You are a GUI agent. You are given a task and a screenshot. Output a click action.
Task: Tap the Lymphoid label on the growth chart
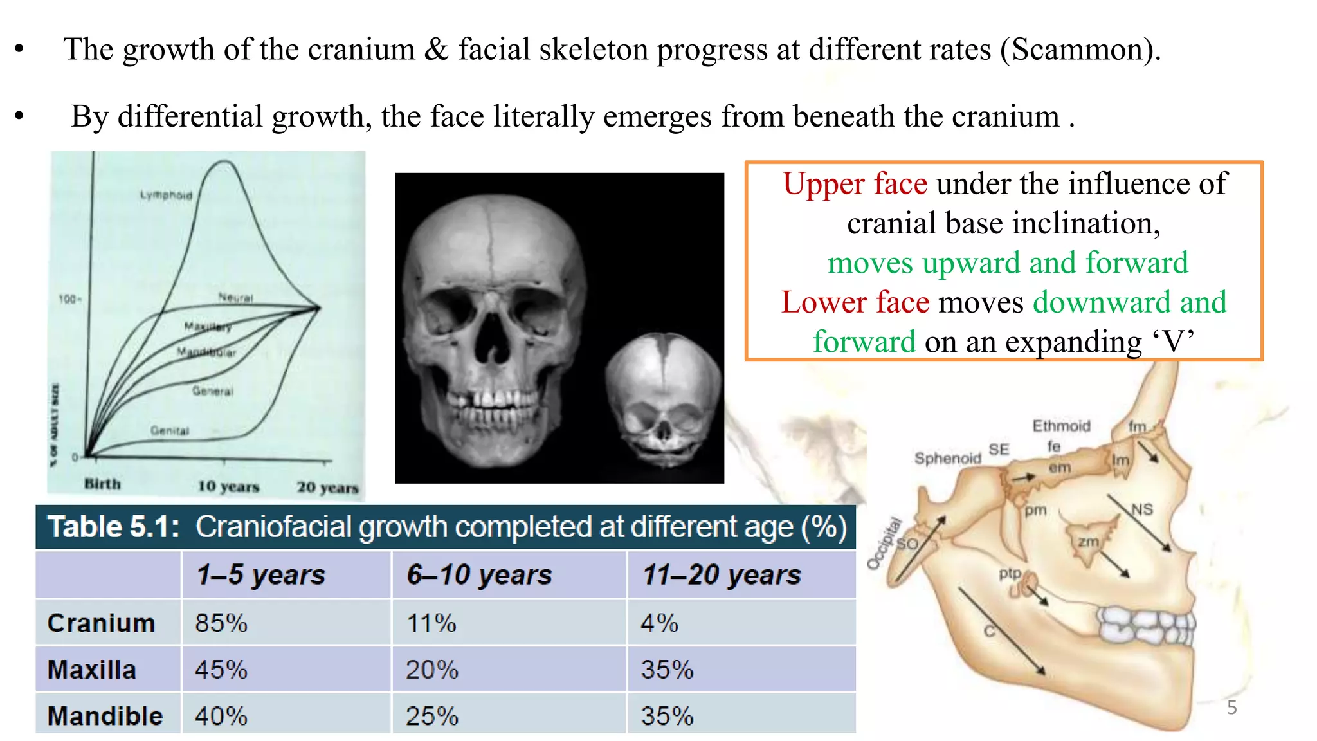166,195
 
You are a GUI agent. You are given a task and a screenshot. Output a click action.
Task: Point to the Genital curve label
170,430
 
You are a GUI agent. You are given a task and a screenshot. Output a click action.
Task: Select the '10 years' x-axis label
228,486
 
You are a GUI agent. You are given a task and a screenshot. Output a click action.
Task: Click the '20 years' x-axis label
327,488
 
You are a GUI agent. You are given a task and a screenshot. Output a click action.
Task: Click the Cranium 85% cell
221,623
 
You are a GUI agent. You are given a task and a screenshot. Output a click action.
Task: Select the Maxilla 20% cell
431,670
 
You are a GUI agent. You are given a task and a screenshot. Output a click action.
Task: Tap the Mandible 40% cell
221,716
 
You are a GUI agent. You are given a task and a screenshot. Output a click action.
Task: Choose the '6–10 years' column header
479,574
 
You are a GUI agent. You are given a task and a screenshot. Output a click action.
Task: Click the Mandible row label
105,716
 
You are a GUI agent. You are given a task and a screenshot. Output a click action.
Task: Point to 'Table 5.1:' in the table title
113,527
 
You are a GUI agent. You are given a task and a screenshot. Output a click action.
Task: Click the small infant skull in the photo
664,396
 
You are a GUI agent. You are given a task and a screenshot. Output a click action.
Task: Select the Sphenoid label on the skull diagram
947,458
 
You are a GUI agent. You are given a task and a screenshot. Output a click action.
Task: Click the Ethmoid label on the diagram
1061,426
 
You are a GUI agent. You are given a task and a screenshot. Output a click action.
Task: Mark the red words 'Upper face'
855,184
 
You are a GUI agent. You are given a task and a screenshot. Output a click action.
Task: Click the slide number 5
1231,708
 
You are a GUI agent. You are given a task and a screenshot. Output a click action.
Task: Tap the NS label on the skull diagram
1142,509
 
